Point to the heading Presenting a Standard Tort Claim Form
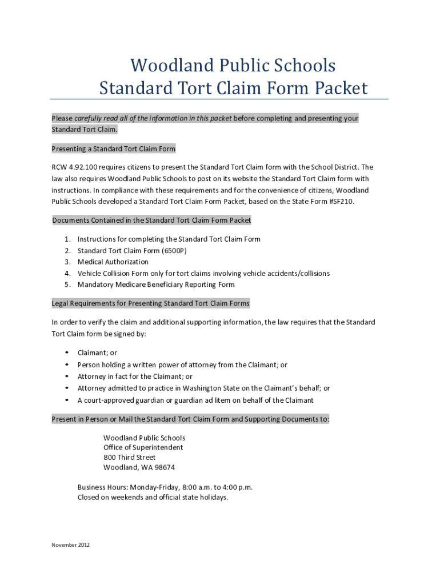point(113,149)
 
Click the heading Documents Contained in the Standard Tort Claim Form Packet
point(151,221)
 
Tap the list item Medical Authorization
point(113,262)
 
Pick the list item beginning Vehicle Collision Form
point(203,274)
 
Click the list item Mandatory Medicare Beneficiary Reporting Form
point(155,285)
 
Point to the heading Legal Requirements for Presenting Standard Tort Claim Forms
point(150,303)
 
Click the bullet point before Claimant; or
point(67,353)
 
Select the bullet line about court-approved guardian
point(195,400)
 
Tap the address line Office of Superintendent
point(143,448)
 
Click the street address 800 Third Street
point(129,458)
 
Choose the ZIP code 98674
point(163,467)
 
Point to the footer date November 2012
point(70,545)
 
